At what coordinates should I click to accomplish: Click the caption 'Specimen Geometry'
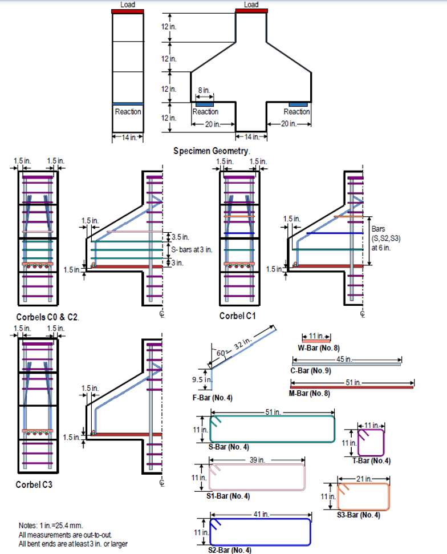point(212,151)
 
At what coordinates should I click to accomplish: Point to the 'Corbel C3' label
point(35,484)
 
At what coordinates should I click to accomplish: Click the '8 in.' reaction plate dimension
point(204,90)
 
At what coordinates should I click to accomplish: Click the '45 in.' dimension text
point(344,359)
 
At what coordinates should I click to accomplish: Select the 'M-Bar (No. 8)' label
point(310,394)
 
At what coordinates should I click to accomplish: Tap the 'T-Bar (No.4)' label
point(371,462)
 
